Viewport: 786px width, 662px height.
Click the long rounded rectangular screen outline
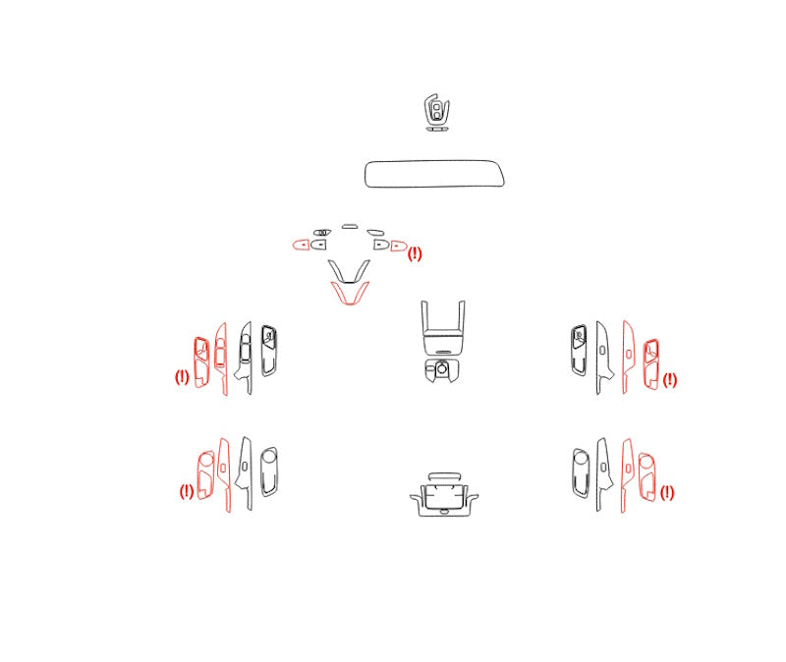point(434,161)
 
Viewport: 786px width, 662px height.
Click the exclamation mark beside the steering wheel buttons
point(415,254)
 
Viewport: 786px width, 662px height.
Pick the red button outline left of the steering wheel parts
point(302,245)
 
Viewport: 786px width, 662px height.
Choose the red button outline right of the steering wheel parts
point(399,247)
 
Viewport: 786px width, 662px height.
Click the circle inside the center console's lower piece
point(441,369)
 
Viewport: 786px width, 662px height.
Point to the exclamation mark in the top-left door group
point(182,377)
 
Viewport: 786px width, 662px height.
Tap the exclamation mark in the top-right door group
point(670,380)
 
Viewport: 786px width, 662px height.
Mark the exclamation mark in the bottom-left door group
point(187,491)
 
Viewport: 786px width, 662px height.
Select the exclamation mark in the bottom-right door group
point(667,493)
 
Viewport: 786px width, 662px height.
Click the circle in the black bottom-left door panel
point(269,456)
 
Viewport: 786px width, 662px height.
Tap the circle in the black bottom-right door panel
point(581,457)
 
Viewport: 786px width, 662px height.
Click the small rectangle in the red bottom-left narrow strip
point(224,468)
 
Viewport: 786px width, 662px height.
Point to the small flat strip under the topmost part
point(437,129)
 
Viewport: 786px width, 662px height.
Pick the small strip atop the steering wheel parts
point(350,227)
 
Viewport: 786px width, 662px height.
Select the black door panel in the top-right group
point(579,350)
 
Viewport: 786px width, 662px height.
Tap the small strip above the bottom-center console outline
point(445,476)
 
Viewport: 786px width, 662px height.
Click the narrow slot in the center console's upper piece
point(444,352)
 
